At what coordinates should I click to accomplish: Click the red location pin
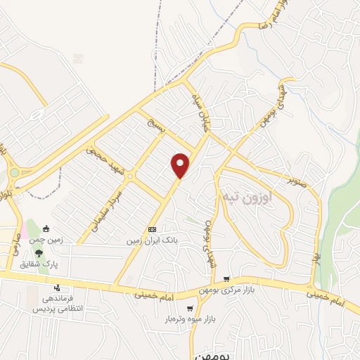[181, 165]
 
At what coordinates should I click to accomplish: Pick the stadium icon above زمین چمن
[46, 229]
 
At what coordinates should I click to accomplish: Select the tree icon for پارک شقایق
[39, 253]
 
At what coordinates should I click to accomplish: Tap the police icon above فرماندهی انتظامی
[58, 288]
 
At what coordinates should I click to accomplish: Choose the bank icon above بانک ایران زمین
[153, 230]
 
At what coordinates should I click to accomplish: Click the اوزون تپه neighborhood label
[241, 191]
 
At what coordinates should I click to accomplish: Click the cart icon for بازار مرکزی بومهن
[226, 280]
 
